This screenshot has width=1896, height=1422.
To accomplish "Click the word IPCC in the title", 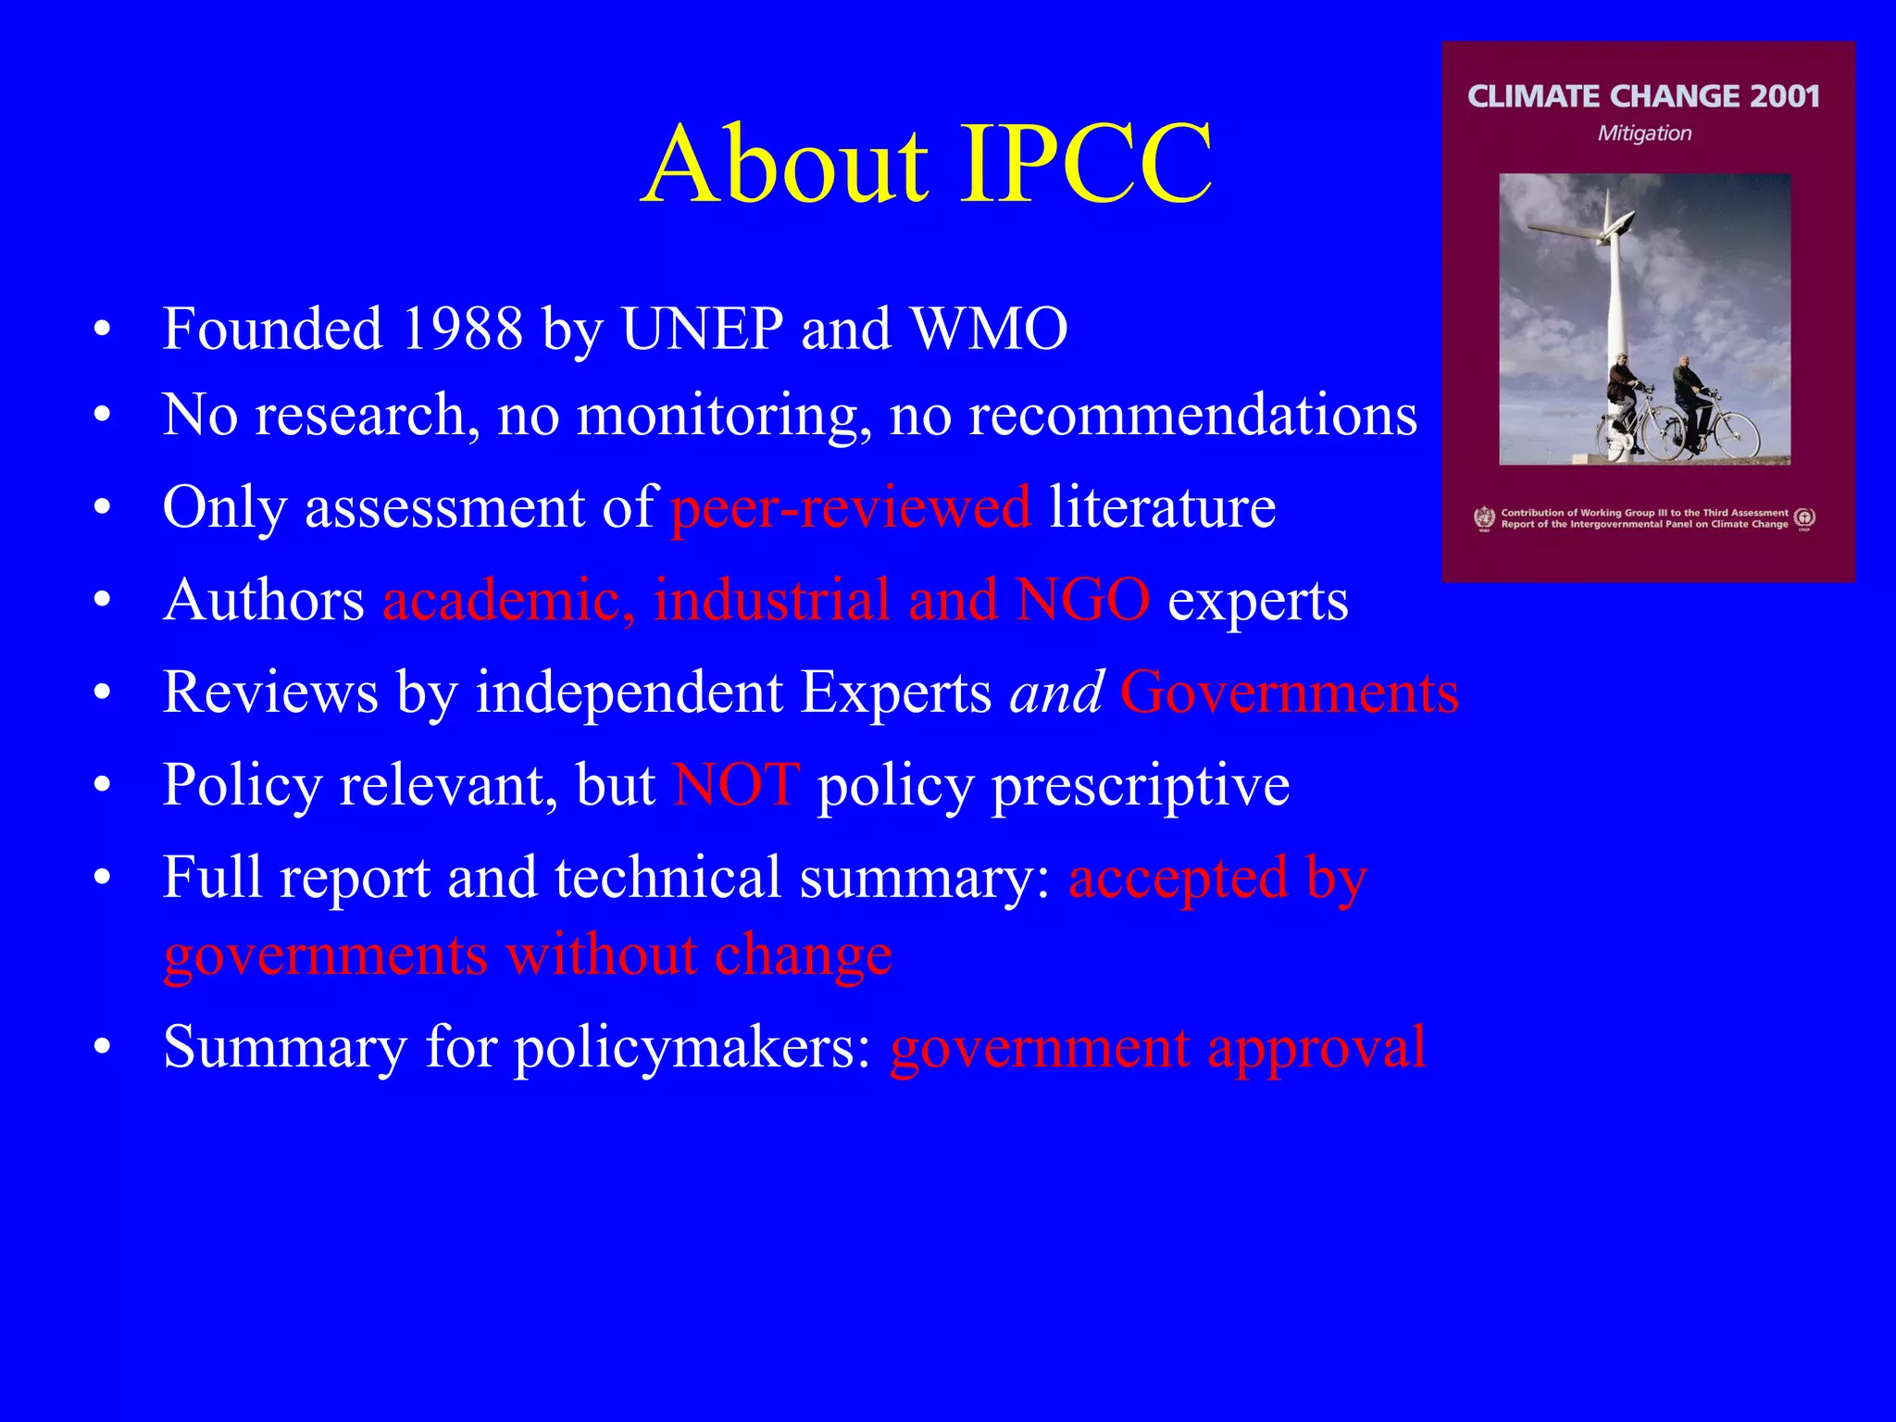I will [1085, 165].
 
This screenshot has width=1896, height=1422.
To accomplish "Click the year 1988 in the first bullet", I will [462, 329].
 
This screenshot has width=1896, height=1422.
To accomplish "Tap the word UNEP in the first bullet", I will [703, 329].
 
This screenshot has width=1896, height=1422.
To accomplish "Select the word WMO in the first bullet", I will [989, 329].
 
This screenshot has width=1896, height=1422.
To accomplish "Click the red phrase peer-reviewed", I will [850, 508].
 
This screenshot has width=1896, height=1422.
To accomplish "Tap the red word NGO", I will [1082, 600].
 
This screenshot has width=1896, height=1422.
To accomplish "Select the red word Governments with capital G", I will [1290, 692].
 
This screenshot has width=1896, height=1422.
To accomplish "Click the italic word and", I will [1055, 693].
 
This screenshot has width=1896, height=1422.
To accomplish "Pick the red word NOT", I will [736, 785].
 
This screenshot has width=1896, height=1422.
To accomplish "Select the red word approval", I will [1316, 1049].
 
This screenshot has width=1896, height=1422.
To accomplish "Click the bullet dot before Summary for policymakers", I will [103, 1047].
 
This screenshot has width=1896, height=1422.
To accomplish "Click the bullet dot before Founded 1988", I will [103, 329].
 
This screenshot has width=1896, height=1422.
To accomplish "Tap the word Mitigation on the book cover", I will [1644, 133].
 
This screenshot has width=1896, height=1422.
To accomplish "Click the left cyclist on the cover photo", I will [1624, 391].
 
